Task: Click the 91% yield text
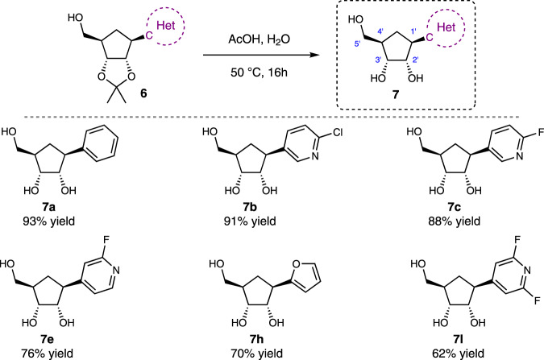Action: [x=269, y=220]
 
